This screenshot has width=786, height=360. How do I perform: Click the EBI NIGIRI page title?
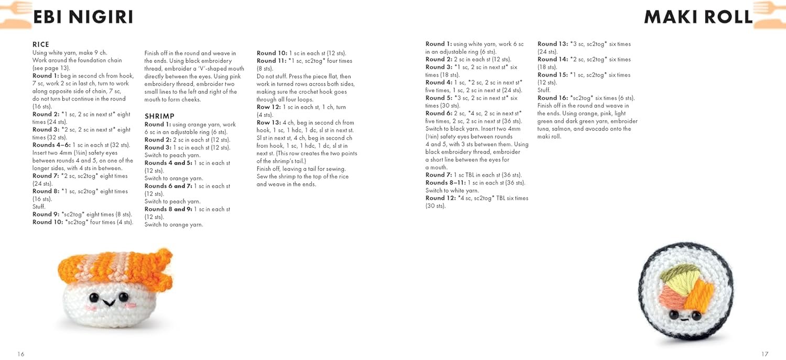click(83, 17)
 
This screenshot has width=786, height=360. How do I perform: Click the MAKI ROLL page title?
click(698, 17)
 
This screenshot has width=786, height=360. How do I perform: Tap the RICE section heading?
click(41, 45)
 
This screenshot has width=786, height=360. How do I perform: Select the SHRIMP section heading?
click(159, 116)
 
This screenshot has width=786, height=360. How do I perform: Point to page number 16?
click(21, 354)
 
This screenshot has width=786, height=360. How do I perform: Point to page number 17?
click(765, 354)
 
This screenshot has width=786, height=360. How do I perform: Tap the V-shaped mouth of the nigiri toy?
click(108, 302)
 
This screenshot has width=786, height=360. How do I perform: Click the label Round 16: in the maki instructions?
click(552, 98)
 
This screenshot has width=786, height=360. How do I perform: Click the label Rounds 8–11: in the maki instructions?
click(445, 183)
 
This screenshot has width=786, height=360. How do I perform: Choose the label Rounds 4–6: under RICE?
click(51, 145)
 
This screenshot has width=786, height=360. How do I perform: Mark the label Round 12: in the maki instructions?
click(440, 198)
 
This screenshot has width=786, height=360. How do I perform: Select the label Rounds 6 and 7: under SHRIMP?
click(168, 186)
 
